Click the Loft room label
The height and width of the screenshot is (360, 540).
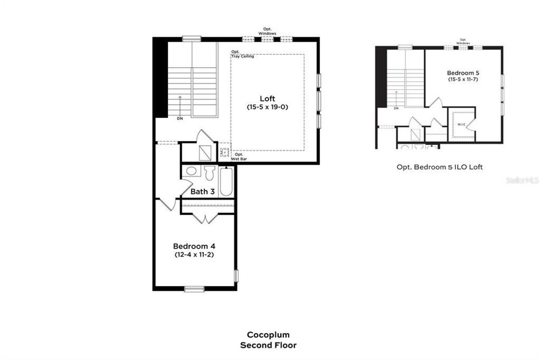point(267,99)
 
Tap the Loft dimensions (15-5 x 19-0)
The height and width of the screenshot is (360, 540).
point(267,107)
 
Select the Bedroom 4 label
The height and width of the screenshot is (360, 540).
point(196,246)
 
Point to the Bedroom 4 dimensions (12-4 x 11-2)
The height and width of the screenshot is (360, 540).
point(196,254)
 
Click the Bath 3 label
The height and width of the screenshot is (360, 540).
point(202,192)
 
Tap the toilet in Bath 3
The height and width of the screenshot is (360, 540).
point(210,173)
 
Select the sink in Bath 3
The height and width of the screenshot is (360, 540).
point(191,171)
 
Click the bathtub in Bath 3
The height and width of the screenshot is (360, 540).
point(226,181)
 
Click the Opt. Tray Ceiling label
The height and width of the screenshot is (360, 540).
point(242,54)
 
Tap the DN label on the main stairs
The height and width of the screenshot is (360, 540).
point(180,119)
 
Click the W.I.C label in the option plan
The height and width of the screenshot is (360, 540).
point(461,125)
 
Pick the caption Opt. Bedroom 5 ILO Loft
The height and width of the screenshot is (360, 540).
point(439,167)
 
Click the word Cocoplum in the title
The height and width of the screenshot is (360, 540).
point(268,335)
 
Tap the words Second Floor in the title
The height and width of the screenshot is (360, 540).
point(268,345)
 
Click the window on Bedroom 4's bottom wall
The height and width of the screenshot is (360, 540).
point(194,289)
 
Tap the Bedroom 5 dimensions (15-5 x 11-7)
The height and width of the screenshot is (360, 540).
point(463,79)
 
